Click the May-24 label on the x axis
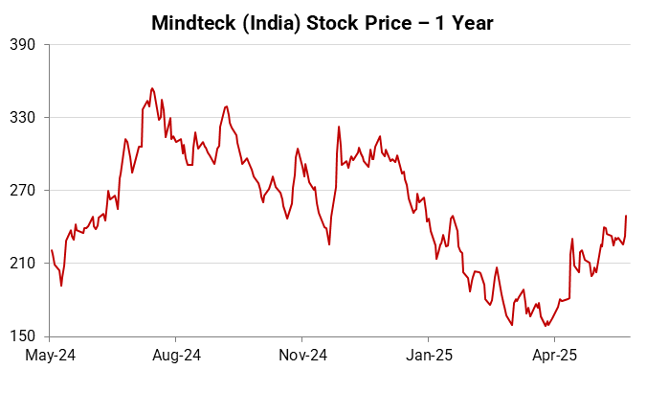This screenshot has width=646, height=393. click(x=51, y=356)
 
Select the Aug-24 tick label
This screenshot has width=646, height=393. click(x=176, y=356)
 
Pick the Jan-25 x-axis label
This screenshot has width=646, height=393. click(x=428, y=356)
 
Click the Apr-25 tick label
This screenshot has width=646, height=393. click(x=553, y=356)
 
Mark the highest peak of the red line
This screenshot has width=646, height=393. click(x=152, y=88)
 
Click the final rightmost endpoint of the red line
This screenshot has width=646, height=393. click(x=626, y=216)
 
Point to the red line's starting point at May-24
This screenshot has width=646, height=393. click(x=51, y=250)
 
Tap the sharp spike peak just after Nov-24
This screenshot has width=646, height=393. click(x=339, y=127)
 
